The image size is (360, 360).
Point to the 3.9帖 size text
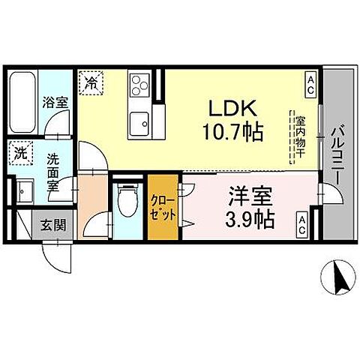point(249,218)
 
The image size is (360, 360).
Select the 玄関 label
point(52,224)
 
